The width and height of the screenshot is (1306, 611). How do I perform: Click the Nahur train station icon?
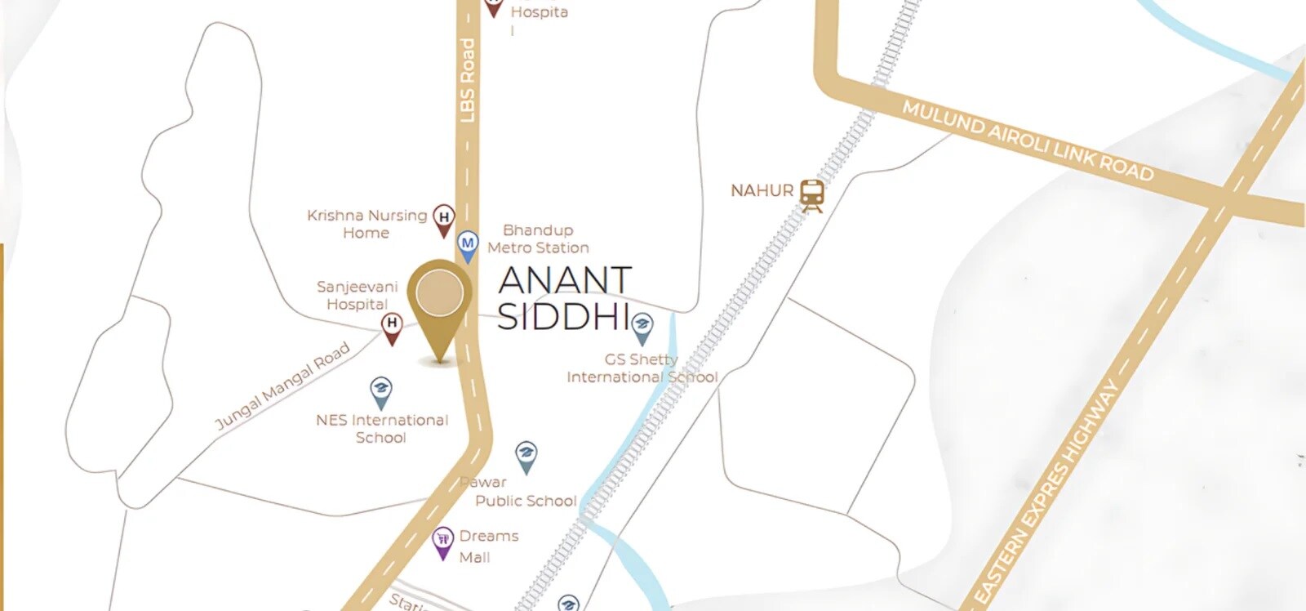(811, 194)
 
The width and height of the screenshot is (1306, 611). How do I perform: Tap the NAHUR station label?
(762, 191)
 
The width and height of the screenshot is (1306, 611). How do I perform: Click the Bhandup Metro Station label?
(538, 239)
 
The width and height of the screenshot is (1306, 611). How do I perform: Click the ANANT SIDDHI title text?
(564, 298)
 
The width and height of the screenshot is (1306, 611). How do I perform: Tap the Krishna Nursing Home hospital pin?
(443, 220)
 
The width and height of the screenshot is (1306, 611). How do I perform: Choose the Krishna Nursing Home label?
(366, 224)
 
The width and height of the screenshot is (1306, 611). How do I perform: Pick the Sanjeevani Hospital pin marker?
(393, 327)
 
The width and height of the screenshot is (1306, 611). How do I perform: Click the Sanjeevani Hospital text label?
(358, 295)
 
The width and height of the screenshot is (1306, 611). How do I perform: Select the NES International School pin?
(380, 392)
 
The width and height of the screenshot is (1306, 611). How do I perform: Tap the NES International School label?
(382, 429)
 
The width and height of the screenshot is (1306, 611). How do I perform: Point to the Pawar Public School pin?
(526, 456)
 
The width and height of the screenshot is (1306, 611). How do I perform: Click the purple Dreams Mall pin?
(442, 542)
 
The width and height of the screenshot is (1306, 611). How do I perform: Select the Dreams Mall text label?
(488, 546)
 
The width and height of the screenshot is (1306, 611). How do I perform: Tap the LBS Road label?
(467, 80)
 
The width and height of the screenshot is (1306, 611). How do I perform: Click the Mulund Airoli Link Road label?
(1027, 140)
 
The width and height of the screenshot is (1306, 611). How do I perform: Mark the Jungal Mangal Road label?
(282, 386)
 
